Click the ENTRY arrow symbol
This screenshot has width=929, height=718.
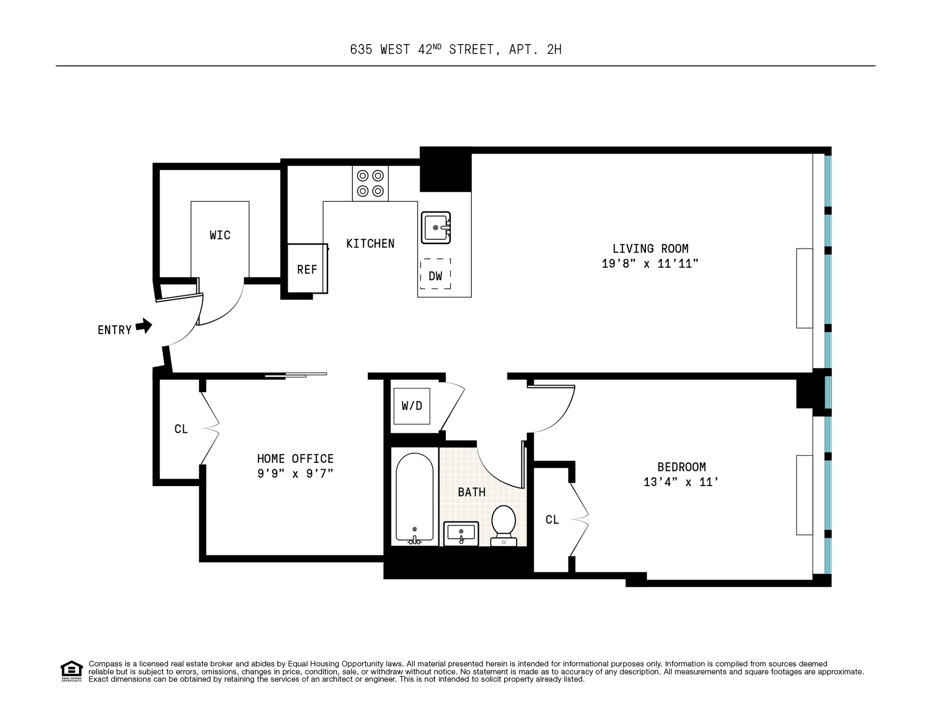pos(144,326)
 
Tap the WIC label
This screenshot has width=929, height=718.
pos(220,235)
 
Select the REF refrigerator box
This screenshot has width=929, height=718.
pos(308,269)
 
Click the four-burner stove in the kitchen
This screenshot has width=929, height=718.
pos(370,183)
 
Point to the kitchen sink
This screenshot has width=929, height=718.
pos(436,227)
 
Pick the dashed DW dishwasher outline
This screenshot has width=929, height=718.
pos(435,274)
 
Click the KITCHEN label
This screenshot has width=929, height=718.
pos(370,244)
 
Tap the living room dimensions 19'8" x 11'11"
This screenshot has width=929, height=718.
pos(650,264)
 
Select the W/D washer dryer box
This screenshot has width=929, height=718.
pos(412,406)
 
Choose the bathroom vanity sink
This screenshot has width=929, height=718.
pos(461,534)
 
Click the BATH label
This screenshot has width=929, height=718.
pos(472,492)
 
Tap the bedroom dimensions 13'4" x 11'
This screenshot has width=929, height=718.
pos(681,482)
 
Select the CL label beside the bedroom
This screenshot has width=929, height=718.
pos(552,519)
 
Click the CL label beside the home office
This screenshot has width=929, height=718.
pos(181,429)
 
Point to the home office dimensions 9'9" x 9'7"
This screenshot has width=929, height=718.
pos(295,474)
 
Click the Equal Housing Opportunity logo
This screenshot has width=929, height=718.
pos(72,671)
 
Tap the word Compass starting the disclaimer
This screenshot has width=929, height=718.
pos(104,664)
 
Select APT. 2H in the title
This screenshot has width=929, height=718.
pos(535,49)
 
